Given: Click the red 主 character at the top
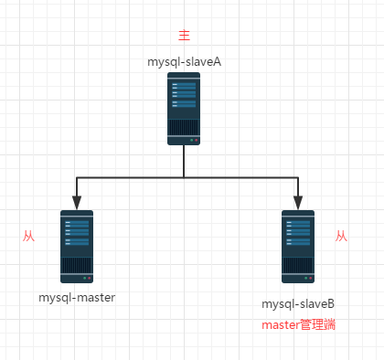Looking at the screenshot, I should (184, 36).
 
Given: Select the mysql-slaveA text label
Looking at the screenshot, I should (185, 61).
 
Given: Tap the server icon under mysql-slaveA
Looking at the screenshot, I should (184, 109).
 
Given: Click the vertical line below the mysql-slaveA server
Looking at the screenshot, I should (184, 160).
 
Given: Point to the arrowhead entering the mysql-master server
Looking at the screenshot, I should (77, 203).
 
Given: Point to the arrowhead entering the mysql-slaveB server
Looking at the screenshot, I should (298, 203).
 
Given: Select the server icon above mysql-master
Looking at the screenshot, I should (77, 246).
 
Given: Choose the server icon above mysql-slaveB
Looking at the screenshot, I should (298, 246).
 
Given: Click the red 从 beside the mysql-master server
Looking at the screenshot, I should (28, 236).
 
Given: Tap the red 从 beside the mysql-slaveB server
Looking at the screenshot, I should (341, 236).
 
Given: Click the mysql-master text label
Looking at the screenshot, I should (77, 298).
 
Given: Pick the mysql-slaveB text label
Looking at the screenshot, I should (298, 302).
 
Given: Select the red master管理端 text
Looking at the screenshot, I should (298, 324).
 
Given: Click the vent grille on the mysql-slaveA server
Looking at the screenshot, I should (184, 126).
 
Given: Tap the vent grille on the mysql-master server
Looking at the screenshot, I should (77, 264).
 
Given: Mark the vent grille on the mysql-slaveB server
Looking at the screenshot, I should (298, 264).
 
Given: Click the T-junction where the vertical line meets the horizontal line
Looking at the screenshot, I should (184, 175).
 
